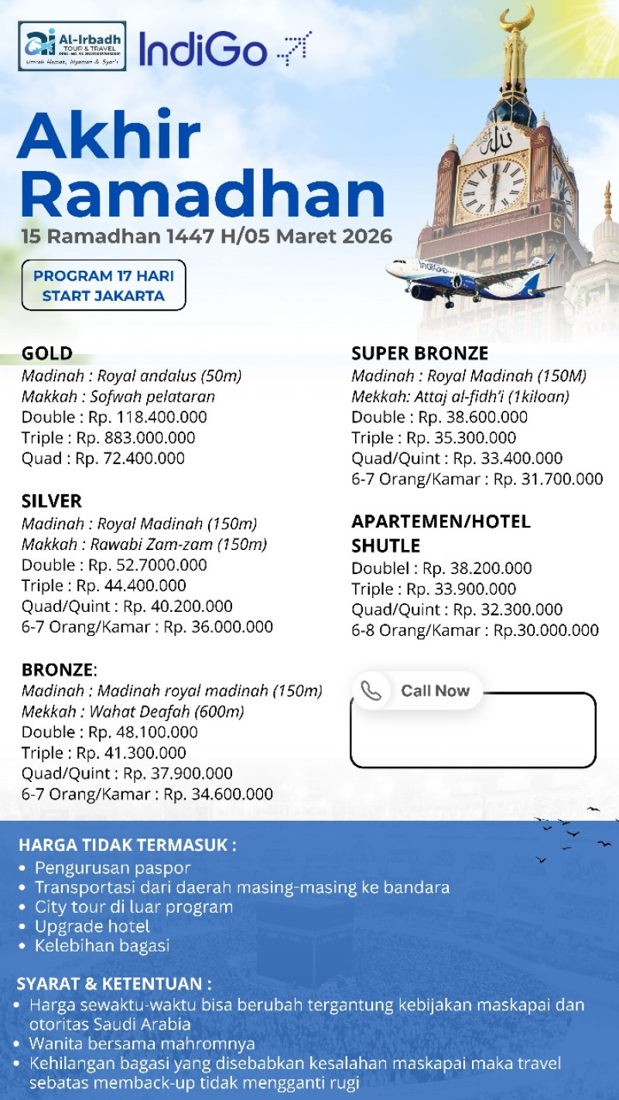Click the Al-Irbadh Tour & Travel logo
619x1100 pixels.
tap(72, 46)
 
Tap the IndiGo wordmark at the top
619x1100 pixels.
tap(203, 49)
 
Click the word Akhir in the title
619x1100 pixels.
tap(109, 136)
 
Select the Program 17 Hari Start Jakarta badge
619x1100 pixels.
tap(104, 285)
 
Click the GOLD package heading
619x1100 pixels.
tap(47, 354)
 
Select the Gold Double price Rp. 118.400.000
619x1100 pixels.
tap(148, 418)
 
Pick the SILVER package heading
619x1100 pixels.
tap(52, 501)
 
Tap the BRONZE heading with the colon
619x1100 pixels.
tap(59, 669)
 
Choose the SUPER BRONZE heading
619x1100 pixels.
tap(419, 354)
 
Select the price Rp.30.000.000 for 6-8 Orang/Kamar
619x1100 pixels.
tap(546, 630)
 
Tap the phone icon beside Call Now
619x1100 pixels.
tap(371, 691)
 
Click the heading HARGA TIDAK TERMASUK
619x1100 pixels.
tap(128, 844)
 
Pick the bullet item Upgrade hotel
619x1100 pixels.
tap(92, 926)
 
